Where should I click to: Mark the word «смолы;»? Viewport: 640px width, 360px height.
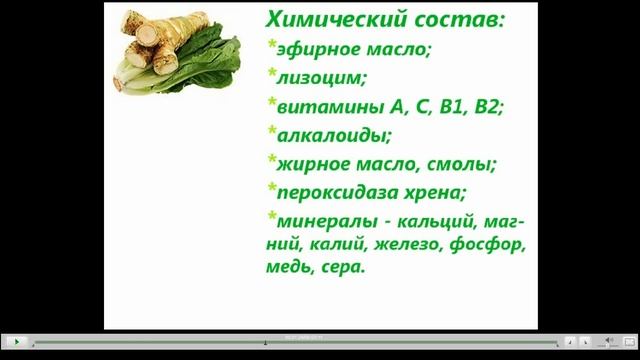(x=461, y=161)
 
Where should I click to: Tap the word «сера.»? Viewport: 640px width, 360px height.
(x=345, y=268)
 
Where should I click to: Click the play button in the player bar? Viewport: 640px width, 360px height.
(x=16, y=342)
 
